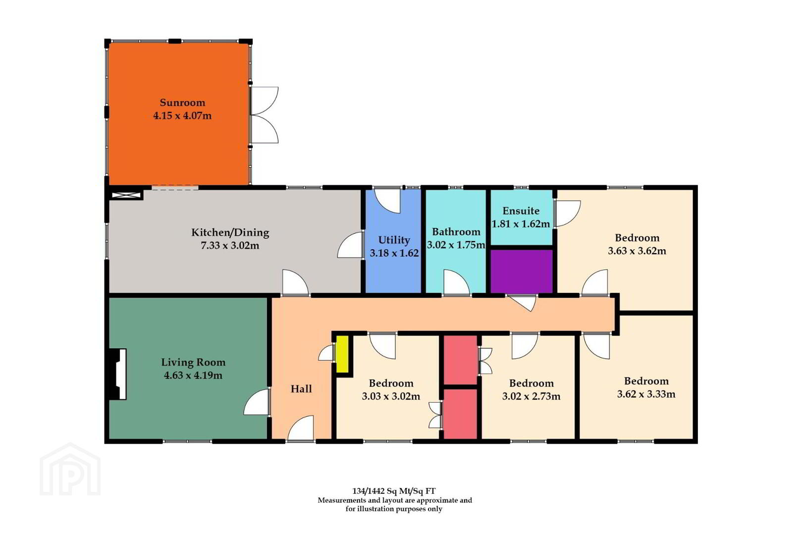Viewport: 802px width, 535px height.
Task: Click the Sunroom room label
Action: [x=182, y=103]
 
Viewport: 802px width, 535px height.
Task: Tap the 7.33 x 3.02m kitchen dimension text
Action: [x=230, y=246]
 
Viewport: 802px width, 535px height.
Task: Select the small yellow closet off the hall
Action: [x=342, y=354]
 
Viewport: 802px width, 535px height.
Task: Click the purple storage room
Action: [x=521, y=271]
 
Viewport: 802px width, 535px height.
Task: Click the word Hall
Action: [x=301, y=389]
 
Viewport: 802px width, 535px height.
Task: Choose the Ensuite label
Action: [x=521, y=211]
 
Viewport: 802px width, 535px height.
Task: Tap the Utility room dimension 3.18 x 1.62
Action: [x=394, y=253]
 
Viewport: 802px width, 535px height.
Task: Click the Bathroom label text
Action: [x=456, y=232]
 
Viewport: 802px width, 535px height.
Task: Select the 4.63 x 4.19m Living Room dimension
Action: [x=193, y=375]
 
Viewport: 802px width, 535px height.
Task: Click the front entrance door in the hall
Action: [x=301, y=428]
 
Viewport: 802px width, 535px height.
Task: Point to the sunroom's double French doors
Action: [x=264, y=115]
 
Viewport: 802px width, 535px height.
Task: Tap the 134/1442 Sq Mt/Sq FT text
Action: [x=394, y=491]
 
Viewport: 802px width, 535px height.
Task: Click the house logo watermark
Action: [x=70, y=470]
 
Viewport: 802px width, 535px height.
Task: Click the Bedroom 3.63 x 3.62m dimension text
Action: [x=637, y=251]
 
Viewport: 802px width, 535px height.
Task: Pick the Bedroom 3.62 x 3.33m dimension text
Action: [x=646, y=394]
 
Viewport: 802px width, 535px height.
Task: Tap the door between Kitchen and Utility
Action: [x=350, y=245]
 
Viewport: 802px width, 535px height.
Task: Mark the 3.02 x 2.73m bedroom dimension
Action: [x=532, y=396]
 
